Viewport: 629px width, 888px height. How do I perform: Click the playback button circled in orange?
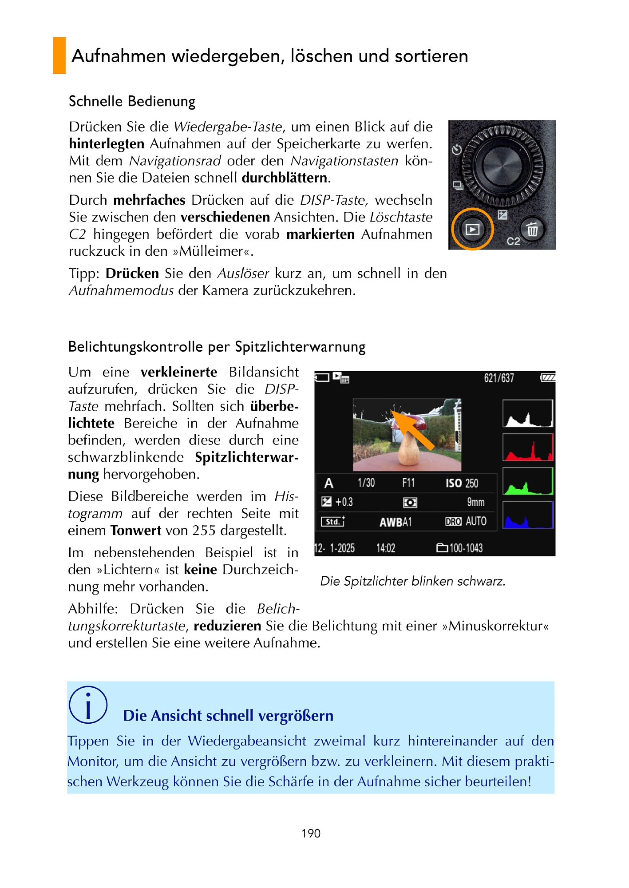(472, 229)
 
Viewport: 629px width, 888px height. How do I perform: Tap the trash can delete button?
(532, 230)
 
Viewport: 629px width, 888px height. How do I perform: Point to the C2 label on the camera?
(513, 241)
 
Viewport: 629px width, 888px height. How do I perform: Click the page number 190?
(311, 833)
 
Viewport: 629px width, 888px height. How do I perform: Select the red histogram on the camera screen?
(528, 448)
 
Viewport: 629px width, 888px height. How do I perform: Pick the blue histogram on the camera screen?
(528, 515)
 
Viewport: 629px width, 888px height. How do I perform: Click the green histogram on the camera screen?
(528, 481)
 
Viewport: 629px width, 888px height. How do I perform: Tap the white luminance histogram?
(528, 413)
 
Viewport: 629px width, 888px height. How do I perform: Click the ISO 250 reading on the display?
(462, 483)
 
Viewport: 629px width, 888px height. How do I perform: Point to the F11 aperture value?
(408, 483)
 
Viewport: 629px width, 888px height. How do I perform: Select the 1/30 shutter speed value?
(366, 483)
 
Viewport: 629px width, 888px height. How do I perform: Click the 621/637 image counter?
(499, 378)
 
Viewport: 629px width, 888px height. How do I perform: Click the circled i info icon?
(88, 705)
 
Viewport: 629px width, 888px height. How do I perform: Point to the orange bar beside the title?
(59, 55)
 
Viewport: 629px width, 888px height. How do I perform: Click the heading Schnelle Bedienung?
(132, 101)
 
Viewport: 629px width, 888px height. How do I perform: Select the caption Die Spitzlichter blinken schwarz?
(413, 581)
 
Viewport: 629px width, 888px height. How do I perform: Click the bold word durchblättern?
(285, 178)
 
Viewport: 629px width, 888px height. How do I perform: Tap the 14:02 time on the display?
(386, 548)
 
